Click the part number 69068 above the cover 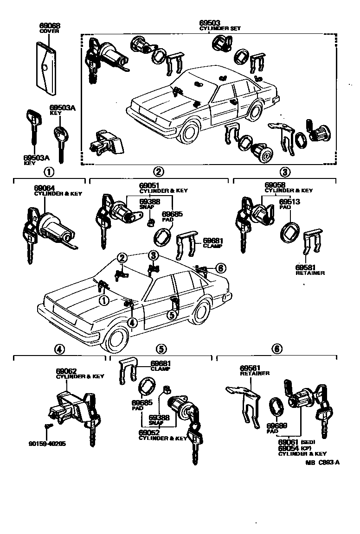(x=50, y=25)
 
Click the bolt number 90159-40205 (x=47, y=443)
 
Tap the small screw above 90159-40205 (x=47, y=426)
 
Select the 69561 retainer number (x=251, y=368)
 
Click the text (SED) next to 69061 (x=308, y=442)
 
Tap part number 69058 (x=275, y=184)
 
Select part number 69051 (x=150, y=184)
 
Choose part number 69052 (x=149, y=432)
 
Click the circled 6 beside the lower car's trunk (x=220, y=268)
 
